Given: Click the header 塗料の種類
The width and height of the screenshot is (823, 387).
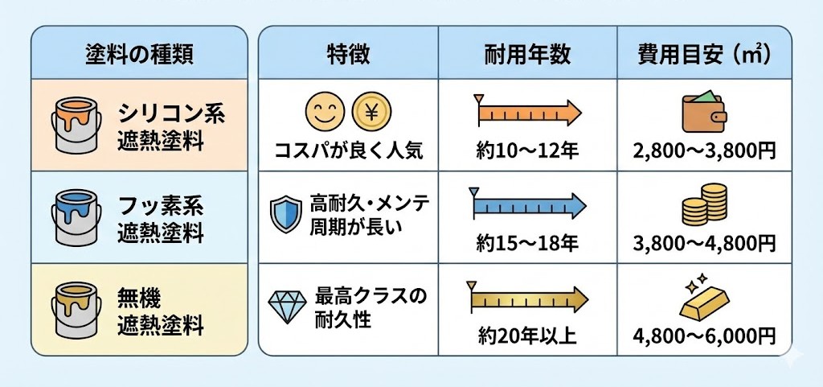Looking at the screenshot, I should click(x=139, y=54).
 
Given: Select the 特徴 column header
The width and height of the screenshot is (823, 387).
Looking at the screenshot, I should click(x=348, y=54).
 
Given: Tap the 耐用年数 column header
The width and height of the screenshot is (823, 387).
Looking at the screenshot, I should click(x=528, y=54).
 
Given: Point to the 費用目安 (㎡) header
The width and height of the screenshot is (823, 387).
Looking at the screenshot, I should click(x=704, y=54).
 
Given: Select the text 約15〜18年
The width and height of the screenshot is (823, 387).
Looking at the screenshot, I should click(x=526, y=242).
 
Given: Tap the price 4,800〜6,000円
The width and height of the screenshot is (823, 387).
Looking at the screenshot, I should click(x=704, y=336).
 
